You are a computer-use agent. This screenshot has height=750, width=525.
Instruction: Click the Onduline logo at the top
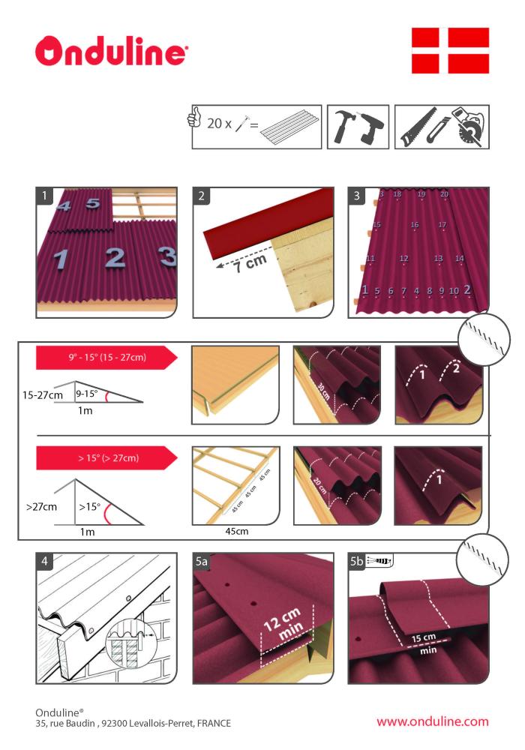(112, 51)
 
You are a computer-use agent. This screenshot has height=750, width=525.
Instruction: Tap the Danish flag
(450, 50)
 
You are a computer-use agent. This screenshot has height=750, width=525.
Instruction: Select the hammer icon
(343, 127)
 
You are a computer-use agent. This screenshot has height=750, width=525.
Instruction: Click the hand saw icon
(418, 127)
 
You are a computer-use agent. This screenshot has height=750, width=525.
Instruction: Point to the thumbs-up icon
(194, 117)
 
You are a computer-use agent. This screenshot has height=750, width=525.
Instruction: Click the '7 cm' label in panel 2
(250, 263)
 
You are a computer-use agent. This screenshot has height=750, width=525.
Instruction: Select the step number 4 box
(44, 560)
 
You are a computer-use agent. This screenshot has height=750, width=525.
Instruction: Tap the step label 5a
(201, 560)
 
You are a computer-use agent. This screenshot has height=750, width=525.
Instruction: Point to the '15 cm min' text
(425, 643)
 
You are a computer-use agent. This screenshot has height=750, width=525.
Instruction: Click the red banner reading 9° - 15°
(106, 357)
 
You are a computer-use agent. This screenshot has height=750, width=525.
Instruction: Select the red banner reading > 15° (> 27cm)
(106, 457)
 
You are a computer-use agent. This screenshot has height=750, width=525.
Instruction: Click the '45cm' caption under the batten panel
(237, 531)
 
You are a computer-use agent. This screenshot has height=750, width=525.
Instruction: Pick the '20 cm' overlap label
(320, 484)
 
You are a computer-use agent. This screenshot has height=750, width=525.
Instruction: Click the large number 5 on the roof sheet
(93, 202)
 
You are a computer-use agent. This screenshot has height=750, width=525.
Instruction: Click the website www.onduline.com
(432, 721)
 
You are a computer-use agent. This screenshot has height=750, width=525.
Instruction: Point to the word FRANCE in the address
(214, 723)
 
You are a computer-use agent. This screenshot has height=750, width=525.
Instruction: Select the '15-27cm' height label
(43, 395)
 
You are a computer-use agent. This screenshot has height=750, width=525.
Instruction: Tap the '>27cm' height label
(41, 506)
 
